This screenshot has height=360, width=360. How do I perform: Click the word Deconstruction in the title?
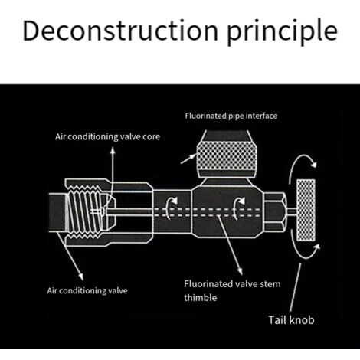(x=120, y=30)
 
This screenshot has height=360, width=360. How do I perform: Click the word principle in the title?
(x=282, y=32)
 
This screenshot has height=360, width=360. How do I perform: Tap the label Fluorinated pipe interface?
(x=231, y=116)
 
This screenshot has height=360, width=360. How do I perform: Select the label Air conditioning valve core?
(x=107, y=137)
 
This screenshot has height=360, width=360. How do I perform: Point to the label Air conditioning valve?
(x=87, y=290)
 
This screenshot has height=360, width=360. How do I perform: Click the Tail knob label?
(x=291, y=320)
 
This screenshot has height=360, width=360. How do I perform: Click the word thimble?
(x=201, y=297)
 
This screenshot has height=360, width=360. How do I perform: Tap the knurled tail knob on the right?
(x=306, y=210)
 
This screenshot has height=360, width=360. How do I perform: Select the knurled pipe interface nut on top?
(x=227, y=155)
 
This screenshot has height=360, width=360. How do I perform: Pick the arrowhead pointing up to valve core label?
(x=113, y=150)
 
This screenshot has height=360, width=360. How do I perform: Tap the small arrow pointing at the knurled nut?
(x=188, y=159)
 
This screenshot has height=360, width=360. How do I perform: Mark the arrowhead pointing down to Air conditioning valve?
(x=81, y=277)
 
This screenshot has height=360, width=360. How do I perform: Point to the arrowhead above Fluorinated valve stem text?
(x=240, y=271)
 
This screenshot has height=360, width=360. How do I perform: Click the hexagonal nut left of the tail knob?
(x=275, y=212)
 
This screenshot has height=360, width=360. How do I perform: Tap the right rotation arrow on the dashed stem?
(x=238, y=208)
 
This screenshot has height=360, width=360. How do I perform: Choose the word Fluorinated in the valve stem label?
(x=208, y=283)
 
